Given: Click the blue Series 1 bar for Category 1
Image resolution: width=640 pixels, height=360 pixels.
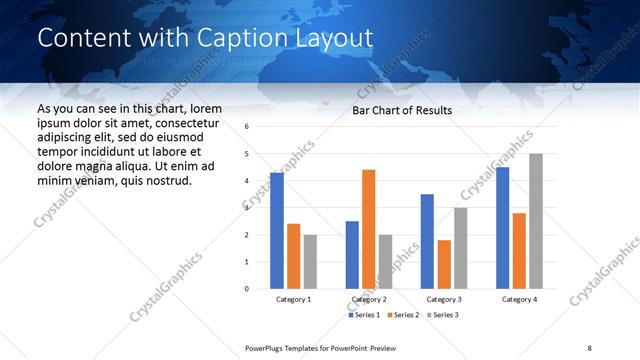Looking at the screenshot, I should click(x=277, y=231).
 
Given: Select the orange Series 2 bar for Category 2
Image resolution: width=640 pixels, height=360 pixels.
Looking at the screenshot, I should click(x=368, y=229).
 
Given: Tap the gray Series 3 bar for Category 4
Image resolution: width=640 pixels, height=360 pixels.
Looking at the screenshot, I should click(x=536, y=221).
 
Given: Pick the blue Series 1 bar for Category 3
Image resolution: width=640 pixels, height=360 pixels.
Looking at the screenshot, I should click(x=427, y=241).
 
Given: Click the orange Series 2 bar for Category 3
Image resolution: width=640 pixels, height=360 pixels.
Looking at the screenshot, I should click(x=444, y=264).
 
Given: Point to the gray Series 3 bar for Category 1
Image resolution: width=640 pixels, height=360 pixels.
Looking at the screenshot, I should click(x=310, y=262).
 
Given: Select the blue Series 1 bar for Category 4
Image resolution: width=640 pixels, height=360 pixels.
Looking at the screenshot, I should click(x=502, y=228).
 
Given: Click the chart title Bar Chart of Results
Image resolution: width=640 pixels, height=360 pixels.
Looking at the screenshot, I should click(x=402, y=110).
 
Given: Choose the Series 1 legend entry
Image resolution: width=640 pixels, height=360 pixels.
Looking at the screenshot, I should click(x=363, y=315).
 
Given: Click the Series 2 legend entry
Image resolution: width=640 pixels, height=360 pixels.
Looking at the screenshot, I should click(x=402, y=315).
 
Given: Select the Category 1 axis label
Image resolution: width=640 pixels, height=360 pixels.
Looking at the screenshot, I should click(x=293, y=300).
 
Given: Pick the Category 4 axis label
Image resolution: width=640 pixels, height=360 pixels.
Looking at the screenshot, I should click(x=519, y=300).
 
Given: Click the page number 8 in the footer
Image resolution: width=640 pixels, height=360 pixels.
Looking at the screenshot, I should click(x=589, y=347).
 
